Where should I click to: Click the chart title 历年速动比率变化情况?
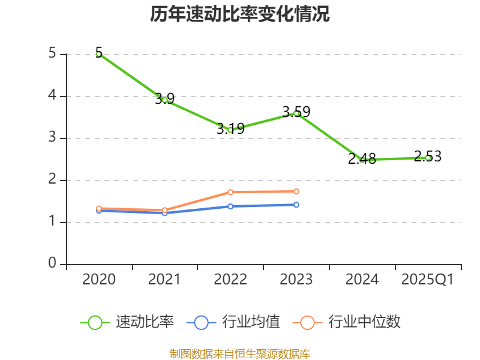pyautogui.click(x=240, y=14)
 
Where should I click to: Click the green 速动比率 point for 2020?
pyautogui.click(x=98, y=54)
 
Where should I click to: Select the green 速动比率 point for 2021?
pyautogui.click(x=164, y=100)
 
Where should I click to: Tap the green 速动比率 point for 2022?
pyautogui.click(x=230, y=130)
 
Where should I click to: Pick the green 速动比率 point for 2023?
pyautogui.click(x=296, y=113)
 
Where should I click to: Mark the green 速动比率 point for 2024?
pyautogui.click(x=362, y=160)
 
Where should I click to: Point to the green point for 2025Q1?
pyautogui.click(x=428, y=158)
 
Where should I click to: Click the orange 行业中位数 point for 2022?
pyautogui.click(x=230, y=192)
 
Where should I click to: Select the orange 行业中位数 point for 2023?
pyautogui.click(x=296, y=191)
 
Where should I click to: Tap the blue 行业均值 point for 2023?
pyautogui.click(x=296, y=205)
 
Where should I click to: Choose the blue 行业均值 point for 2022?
pyautogui.click(x=230, y=206)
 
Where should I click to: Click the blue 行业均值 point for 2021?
pyautogui.click(x=164, y=213)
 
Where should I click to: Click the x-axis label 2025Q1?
pyautogui.click(x=428, y=280)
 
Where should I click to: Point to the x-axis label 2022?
pyautogui.click(x=230, y=280)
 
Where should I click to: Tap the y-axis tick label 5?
pyautogui.click(x=52, y=54)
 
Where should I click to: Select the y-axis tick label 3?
pyautogui.click(x=52, y=138)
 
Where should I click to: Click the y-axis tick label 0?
pyautogui.click(x=52, y=264)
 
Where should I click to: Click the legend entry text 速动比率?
pyautogui.click(x=145, y=322)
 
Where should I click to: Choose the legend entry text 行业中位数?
pyautogui.click(x=364, y=322)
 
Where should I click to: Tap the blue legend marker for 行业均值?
pyautogui.click(x=201, y=322)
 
